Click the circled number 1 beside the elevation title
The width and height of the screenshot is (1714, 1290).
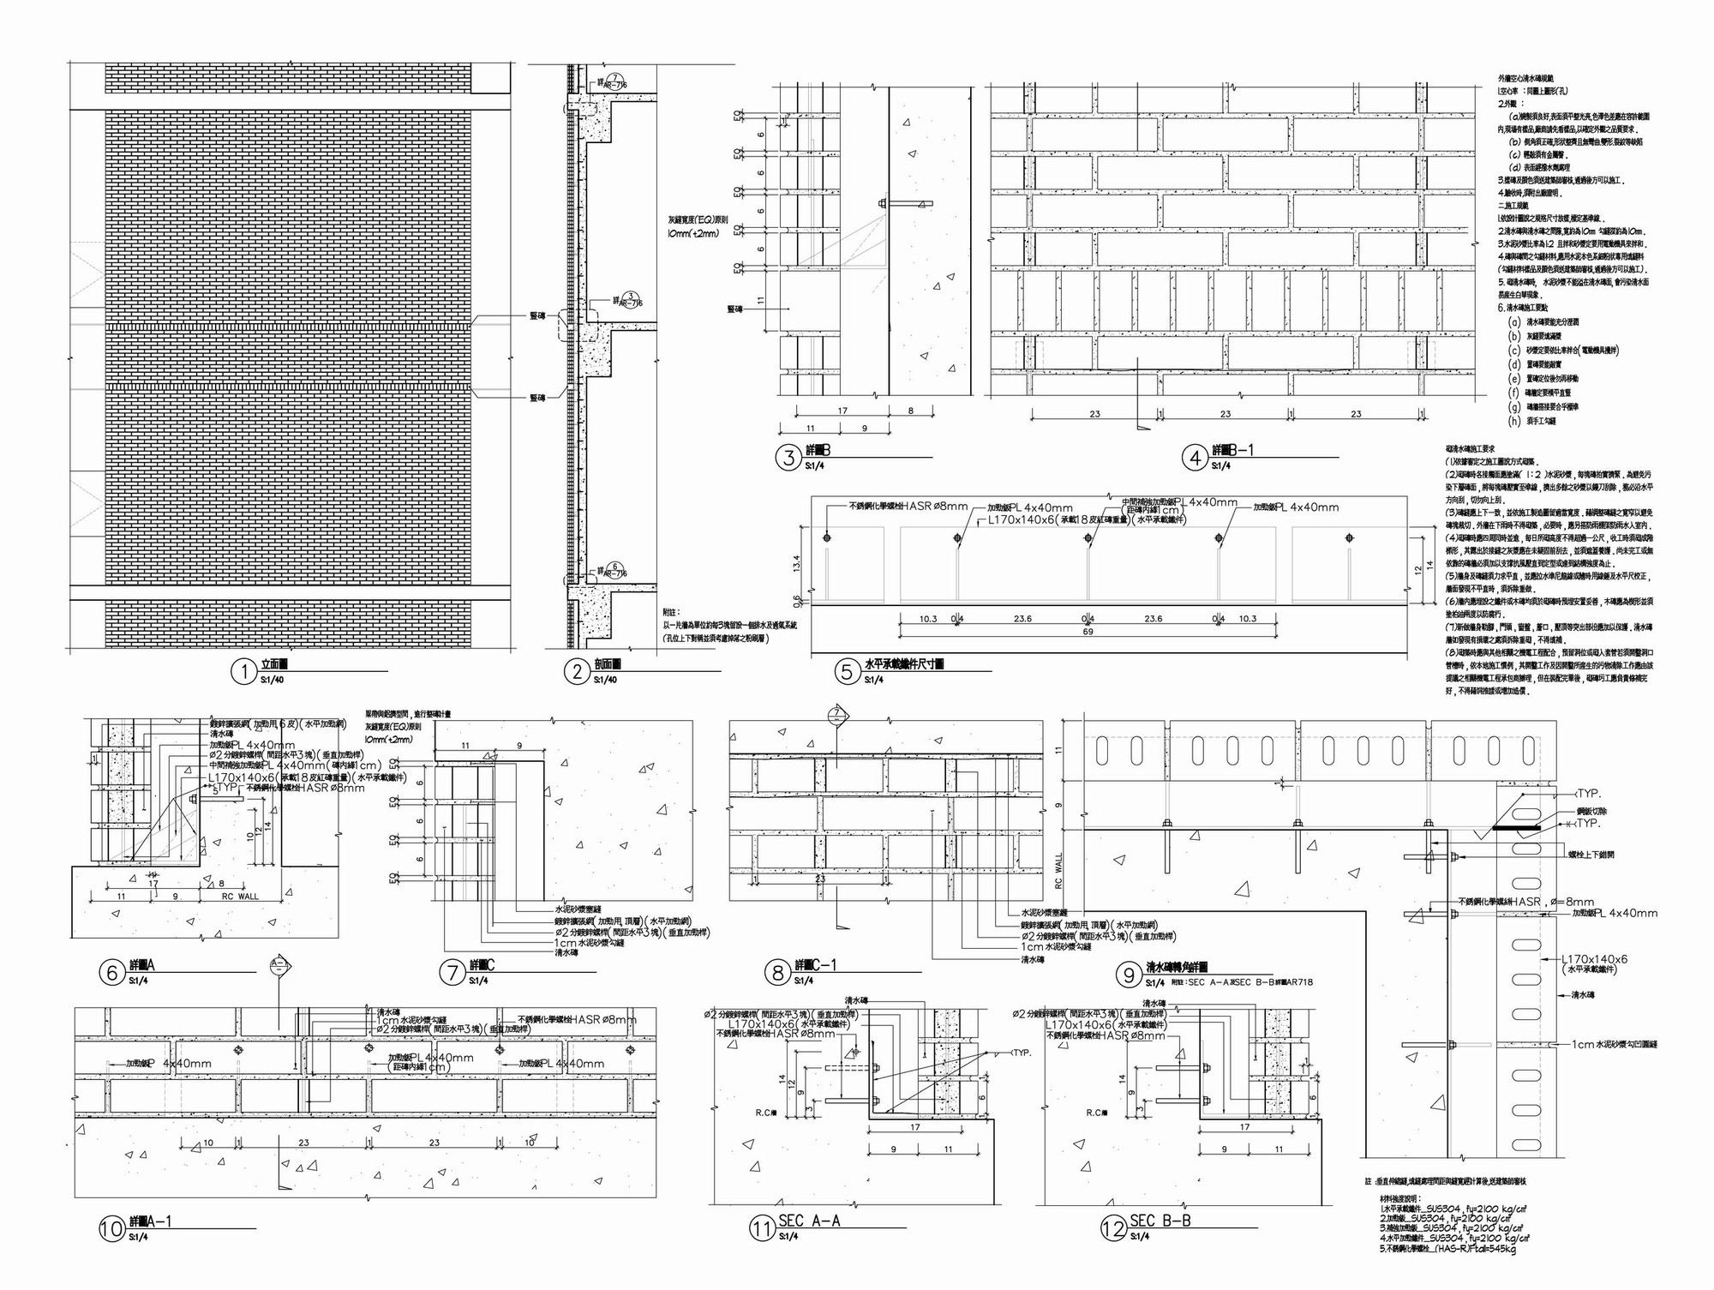[244, 671]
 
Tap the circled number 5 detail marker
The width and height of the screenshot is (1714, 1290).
[847, 671]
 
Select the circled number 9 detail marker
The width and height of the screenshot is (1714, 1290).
[1129, 975]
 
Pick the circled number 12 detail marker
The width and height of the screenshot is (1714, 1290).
[1112, 1228]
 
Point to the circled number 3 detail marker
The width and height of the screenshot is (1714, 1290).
[788, 458]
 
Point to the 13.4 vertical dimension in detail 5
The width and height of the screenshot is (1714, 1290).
[796, 563]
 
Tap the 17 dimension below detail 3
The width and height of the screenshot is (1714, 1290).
[842, 411]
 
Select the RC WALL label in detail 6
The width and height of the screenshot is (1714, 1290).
[240, 897]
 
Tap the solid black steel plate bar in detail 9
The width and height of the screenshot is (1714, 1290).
[1515, 828]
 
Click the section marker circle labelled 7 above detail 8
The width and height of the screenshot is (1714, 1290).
[837, 714]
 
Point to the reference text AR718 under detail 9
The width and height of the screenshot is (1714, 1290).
[1299, 982]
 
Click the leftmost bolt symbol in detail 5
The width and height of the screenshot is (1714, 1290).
[826, 538]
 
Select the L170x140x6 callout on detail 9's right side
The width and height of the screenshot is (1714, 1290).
[1594, 959]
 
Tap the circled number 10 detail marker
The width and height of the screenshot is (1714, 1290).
[111, 1229]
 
